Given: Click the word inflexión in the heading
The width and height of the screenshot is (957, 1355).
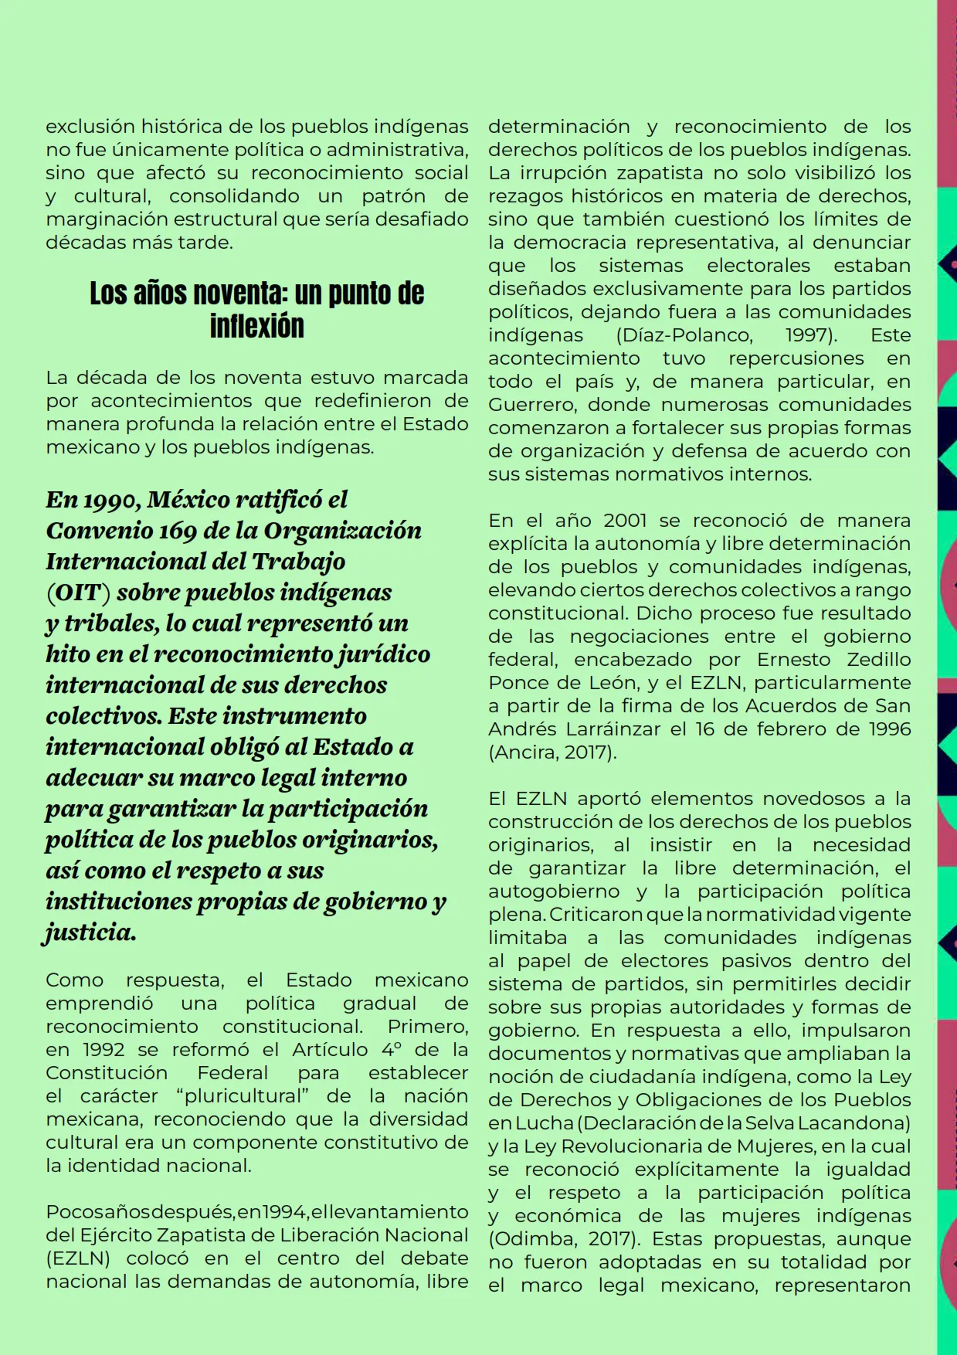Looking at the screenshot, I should [x=256, y=327].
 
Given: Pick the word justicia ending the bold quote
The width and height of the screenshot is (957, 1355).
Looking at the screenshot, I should [x=90, y=933].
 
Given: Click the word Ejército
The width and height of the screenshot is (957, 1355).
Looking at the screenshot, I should [x=110, y=1235].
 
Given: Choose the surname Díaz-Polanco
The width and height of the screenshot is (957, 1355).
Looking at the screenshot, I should [x=684, y=335].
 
